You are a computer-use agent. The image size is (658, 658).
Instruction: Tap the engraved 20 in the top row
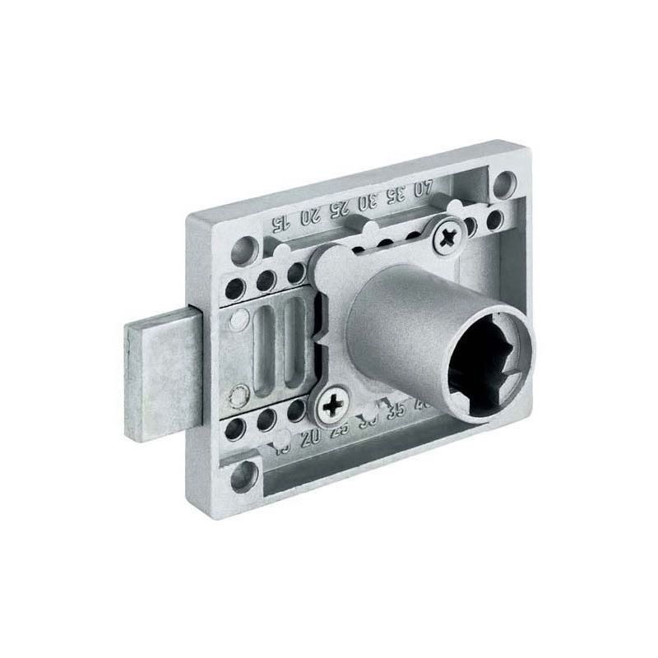tap(309, 215)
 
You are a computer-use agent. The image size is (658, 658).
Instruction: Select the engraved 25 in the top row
tap(338, 207)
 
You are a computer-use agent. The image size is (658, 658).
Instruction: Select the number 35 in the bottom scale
tap(396, 409)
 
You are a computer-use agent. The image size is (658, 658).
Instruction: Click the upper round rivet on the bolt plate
tap(239, 320)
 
